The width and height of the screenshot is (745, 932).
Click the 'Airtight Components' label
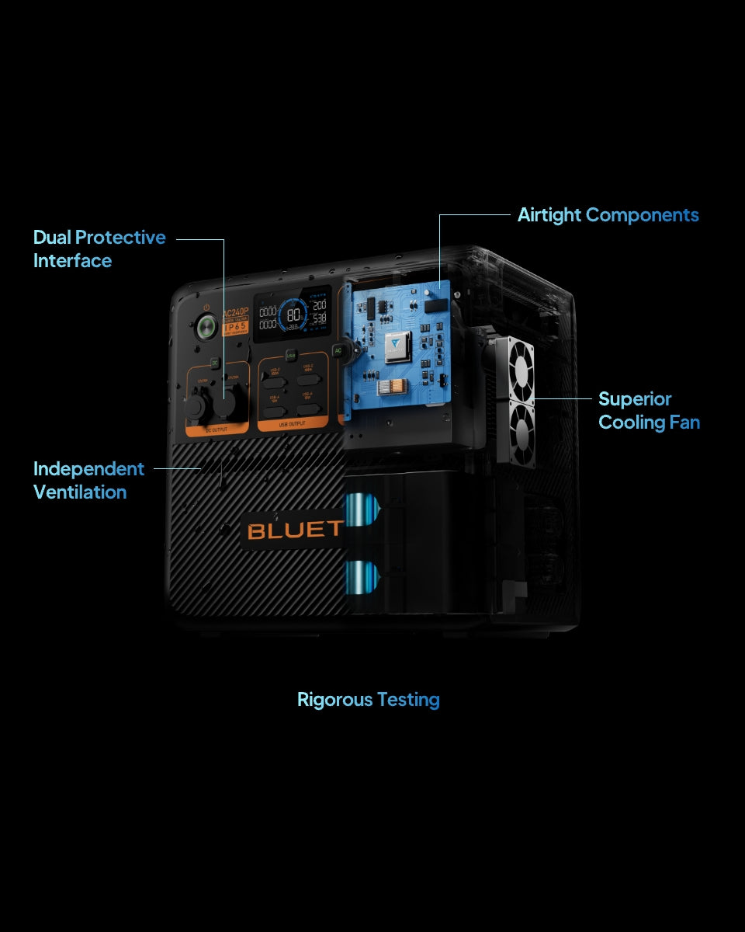[608, 215]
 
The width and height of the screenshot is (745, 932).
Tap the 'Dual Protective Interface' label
[99, 249]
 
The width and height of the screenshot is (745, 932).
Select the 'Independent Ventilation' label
[88, 480]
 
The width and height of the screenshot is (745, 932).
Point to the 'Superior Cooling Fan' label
[649, 411]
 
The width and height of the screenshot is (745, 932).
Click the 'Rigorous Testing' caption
[369, 700]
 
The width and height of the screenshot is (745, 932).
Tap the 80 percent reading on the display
[294, 315]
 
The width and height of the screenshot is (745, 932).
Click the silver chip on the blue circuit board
[397, 341]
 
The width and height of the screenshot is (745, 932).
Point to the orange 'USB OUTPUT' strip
[293, 424]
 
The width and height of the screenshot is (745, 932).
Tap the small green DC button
[215, 363]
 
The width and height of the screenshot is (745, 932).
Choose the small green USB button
[291, 355]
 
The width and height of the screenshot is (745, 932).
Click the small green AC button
[338, 351]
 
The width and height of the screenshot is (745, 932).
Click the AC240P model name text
[235, 313]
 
